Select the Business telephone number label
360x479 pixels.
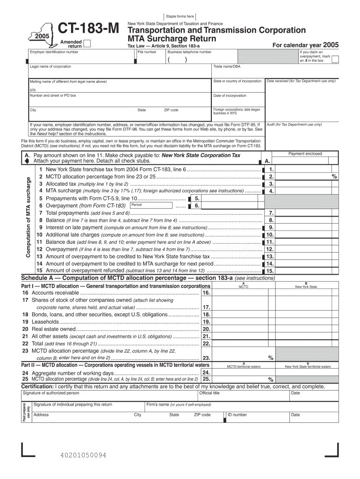pyautogui.click(x=189, y=52)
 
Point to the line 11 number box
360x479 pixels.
pyautogui.click(x=270, y=242)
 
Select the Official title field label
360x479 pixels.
pyautogui.click(x=209, y=393)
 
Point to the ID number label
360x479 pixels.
pyautogui.click(x=237, y=414)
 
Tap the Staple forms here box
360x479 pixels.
pyautogui.click(x=180, y=16)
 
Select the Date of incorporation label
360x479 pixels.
pyautogui.click(x=230, y=95)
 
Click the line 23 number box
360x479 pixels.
pyautogui.click(x=205, y=358)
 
